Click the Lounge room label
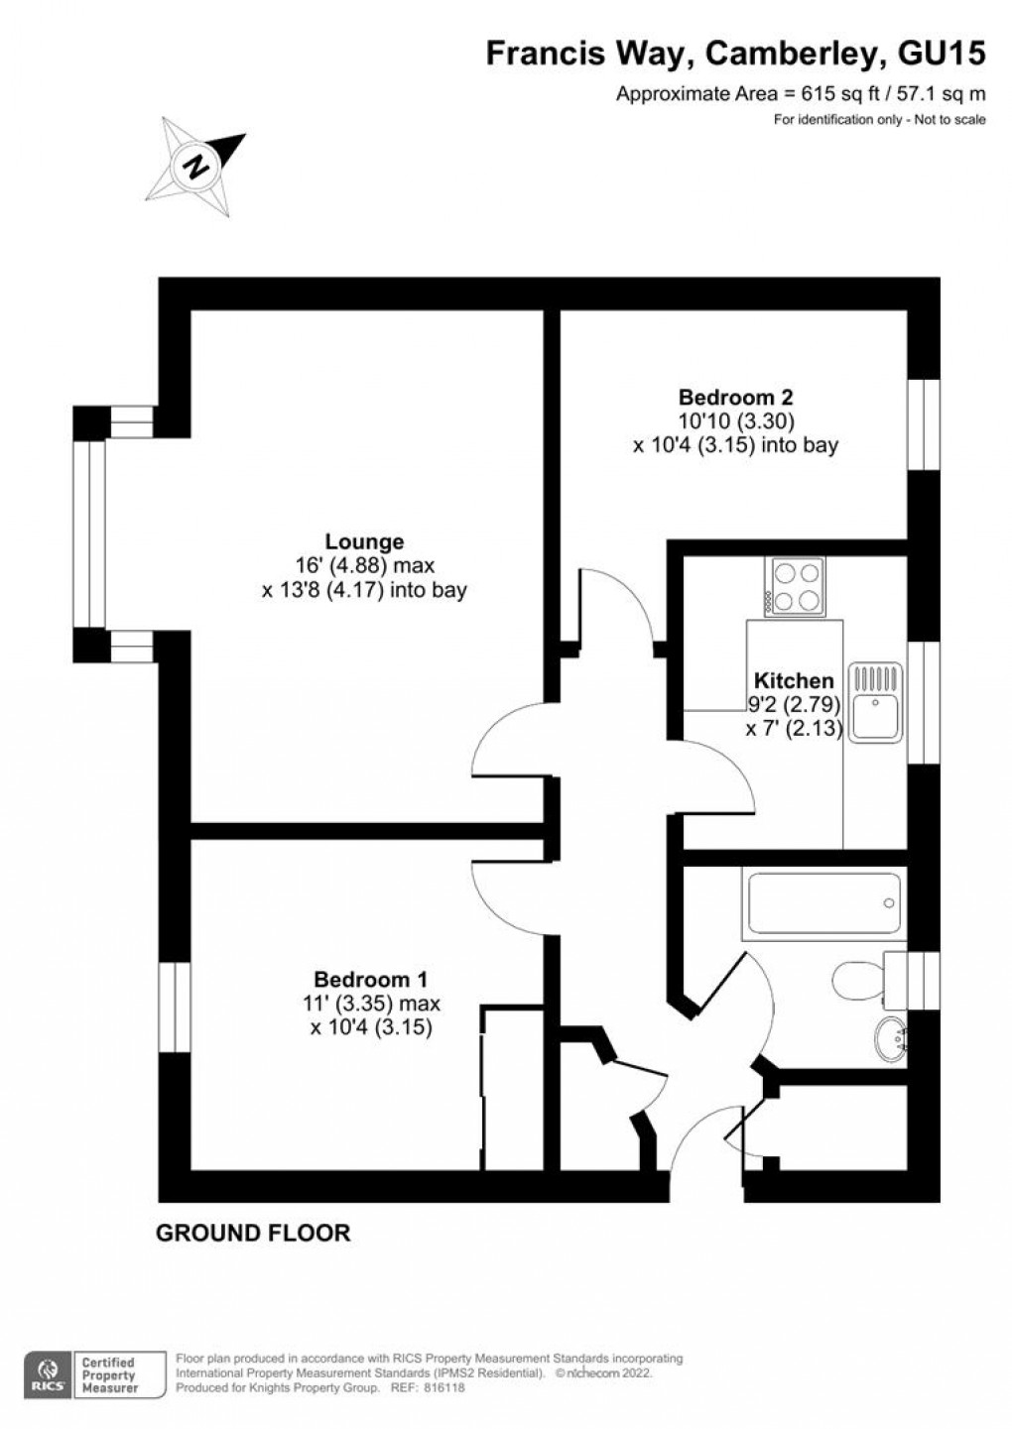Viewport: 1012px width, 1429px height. (364, 541)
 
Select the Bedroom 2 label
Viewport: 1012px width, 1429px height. (735, 397)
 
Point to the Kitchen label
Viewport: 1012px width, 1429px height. (794, 680)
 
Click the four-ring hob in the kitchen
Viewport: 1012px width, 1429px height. (795, 587)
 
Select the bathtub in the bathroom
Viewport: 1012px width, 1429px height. (823, 903)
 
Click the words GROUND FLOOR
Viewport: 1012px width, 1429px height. (253, 1234)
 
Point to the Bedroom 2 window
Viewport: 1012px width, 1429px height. (923, 423)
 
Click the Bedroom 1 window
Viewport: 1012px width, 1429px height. (175, 1007)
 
